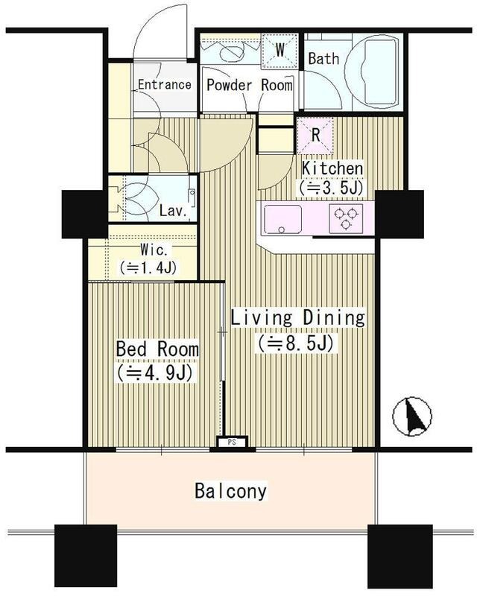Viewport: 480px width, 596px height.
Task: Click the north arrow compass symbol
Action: coord(412,416)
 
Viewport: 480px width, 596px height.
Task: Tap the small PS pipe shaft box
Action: coord(232,442)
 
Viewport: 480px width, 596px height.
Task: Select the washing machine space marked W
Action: coord(280,51)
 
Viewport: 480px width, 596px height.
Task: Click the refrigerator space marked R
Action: coord(315,136)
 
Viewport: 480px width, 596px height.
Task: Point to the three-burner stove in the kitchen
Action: coord(346,218)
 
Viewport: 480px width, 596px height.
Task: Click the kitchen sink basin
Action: coord(282,219)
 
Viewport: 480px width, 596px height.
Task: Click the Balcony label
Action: coord(231,491)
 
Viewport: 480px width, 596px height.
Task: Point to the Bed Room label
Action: coord(157,349)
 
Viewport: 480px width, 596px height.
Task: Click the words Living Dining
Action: coord(298,318)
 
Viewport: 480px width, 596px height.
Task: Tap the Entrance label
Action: coord(164,84)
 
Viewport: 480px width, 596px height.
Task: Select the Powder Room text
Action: coord(250,85)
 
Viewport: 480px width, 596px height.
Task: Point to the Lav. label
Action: coord(174,211)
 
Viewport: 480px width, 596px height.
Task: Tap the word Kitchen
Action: coord(332,169)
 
